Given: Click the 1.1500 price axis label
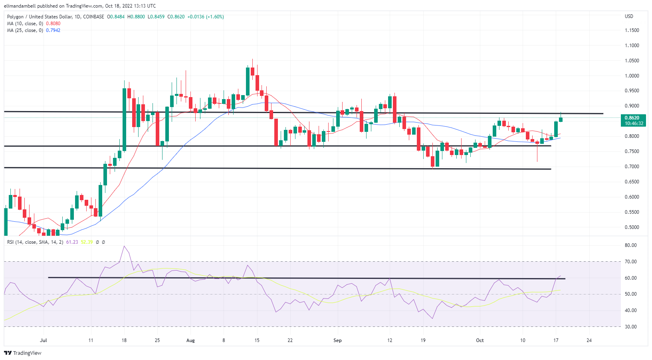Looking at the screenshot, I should coord(632,30).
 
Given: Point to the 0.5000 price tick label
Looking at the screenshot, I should coord(632,227).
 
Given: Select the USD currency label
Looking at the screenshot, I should coord(629,16).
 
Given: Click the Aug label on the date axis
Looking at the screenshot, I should coord(190,340).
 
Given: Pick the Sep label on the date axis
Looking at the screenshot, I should coord(337,340).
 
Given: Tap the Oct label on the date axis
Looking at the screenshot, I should coord(480,340).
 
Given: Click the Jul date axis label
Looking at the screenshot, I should coord(44,340).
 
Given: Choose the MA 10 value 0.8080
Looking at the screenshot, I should coord(53,24).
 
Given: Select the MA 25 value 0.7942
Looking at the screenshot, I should coord(53,30).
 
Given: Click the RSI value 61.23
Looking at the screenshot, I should coord(72,242).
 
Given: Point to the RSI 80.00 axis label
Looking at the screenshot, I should coord(631,245).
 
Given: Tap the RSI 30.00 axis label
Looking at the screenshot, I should coord(631,327).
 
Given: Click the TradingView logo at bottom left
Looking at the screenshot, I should coord(23,353).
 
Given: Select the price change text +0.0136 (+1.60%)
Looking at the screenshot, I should coord(206,17).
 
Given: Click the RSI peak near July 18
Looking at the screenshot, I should coord(124,246).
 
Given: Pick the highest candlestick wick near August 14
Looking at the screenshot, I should coord(252,60).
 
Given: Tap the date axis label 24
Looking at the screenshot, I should coord(589,340).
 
